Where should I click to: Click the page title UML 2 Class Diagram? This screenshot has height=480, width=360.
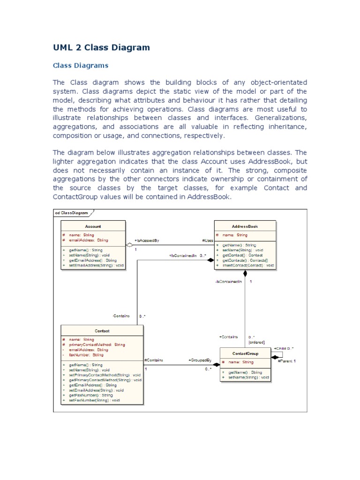click(101, 47)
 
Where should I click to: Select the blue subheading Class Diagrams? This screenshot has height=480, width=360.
click(80, 65)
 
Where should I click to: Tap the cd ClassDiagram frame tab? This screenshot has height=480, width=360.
click(72, 213)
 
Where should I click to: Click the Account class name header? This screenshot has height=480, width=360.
click(93, 226)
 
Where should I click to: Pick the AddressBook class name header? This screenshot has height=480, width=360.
click(245, 226)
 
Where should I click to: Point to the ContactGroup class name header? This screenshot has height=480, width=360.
click(245, 353)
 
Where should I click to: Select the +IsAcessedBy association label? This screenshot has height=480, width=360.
click(147, 240)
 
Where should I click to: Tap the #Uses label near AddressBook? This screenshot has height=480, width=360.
click(207, 240)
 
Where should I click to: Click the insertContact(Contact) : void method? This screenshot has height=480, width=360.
click(245, 265)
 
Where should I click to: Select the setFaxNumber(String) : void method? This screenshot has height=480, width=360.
click(94, 400)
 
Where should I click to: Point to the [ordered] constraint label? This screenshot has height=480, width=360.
click(256, 342)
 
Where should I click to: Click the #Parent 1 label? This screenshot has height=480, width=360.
click(287, 361)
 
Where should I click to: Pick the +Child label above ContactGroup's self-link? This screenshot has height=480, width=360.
click(284, 349)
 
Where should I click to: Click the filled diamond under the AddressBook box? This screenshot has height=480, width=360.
click(245, 274)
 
